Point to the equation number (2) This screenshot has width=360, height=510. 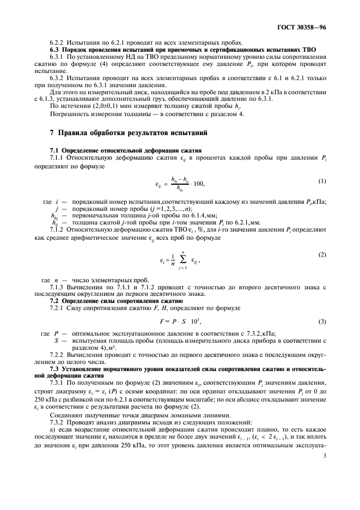(321, 255)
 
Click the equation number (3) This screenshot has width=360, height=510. (321, 324)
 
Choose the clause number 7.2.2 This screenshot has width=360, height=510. (59, 355)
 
